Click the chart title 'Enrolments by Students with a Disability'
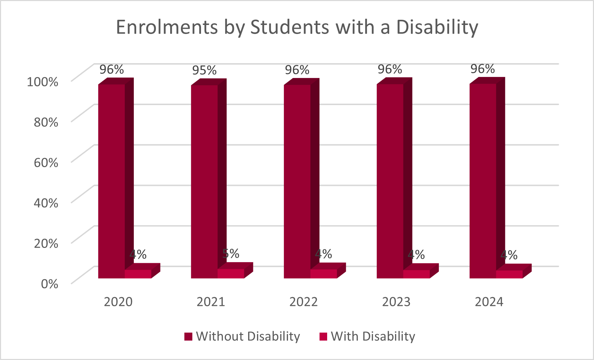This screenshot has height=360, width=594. [x=297, y=27]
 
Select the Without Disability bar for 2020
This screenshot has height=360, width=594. [x=112, y=180]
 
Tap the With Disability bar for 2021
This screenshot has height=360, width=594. [x=231, y=273]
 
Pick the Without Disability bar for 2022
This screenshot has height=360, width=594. [x=297, y=180]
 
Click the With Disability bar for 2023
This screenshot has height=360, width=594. [x=417, y=274]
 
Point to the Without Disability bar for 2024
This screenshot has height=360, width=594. [x=483, y=180]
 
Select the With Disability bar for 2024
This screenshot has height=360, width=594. [x=509, y=274]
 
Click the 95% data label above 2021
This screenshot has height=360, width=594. [x=204, y=70]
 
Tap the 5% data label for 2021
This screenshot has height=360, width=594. [x=231, y=254]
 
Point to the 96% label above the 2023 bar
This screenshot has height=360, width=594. [x=390, y=69]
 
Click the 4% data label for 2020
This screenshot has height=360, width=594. [x=138, y=255]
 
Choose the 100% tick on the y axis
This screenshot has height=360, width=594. [x=43, y=82]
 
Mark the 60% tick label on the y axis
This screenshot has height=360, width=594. [x=46, y=162]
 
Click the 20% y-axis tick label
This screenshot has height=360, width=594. [x=46, y=243]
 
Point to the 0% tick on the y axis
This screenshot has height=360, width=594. [x=50, y=284]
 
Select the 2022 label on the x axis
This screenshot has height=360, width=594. [x=304, y=302]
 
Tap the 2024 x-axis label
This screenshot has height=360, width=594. [x=489, y=302]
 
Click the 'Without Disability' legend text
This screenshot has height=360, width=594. [x=248, y=336]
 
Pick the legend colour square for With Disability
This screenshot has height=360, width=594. [x=323, y=336]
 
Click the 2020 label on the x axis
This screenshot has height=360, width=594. [x=118, y=302]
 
